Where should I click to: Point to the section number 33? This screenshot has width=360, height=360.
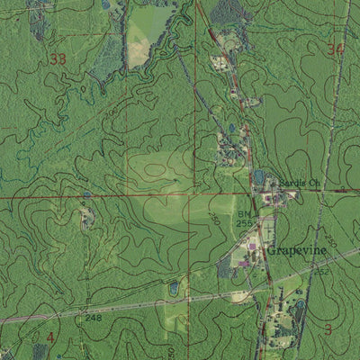point(59,59)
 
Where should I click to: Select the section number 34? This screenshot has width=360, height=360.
point(337,49)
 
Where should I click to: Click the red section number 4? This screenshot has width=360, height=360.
point(50,337)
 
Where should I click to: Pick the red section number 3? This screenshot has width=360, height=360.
point(328,329)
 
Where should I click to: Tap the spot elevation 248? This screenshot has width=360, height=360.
point(93,318)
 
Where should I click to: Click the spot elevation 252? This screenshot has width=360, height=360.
point(321,271)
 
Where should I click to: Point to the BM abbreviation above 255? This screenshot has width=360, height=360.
point(244,213)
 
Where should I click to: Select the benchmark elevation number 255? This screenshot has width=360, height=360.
point(244,222)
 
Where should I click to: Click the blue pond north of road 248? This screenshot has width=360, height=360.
point(173,289)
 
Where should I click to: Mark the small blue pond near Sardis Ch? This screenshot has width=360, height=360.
point(260,176)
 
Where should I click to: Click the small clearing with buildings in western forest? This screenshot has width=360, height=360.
point(86,218)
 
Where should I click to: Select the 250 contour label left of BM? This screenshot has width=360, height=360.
point(214,219)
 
